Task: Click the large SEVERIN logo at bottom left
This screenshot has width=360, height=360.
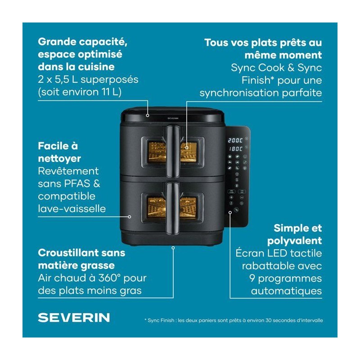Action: pos(74,318)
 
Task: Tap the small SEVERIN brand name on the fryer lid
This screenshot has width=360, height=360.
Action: pos(173,118)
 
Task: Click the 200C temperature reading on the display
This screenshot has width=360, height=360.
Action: pos(235,140)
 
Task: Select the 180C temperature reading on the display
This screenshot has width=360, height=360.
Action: pos(235,149)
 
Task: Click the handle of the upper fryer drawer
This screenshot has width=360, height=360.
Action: pos(173,151)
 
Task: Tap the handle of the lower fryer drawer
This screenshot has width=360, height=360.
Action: pos(173,208)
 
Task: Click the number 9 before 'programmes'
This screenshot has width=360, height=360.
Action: pos(252,278)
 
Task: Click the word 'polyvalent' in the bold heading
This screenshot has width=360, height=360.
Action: pos(295,241)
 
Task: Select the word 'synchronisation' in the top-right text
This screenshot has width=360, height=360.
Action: pos(239,93)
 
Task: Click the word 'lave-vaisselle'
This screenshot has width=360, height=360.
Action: pos(72,209)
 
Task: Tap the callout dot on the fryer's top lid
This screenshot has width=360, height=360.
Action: pos(148,116)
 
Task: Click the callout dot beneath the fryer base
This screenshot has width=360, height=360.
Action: pos(173,248)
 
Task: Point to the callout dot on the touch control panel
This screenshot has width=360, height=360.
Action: pos(230,212)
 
